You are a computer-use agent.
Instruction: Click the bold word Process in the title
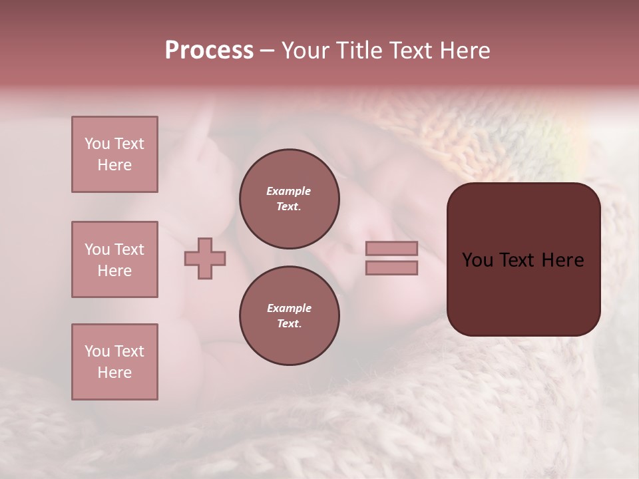pyautogui.click(x=209, y=51)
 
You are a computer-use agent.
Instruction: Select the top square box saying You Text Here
pyautogui.click(x=114, y=154)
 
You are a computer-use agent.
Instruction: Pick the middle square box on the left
pyautogui.click(x=114, y=259)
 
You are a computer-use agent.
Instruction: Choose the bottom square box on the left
pyautogui.click(x=114, y=362)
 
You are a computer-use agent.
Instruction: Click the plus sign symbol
pyautogui.click(x=205, y=259)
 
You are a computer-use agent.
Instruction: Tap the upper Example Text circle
pyautogui.click(x=289, y=199)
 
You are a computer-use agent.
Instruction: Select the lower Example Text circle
pyautogui.click(x=289, y=316)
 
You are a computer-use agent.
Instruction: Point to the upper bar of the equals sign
pyautogui.click(x=391, y=249)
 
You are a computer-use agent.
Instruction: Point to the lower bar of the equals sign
pyautogui.click(x=391, y=268)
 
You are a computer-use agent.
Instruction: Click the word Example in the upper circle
pyautogui.click(x=289, y=191)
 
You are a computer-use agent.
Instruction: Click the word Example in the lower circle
pyautogui.click(x=289, y=308)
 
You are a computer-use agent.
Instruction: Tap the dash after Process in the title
pyautogui.click(x=267, y=51)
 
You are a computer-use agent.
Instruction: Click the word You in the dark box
pyautogui.click(x=478, y=260)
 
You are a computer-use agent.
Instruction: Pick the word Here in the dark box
pyautogui.click(x=562, y=260)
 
